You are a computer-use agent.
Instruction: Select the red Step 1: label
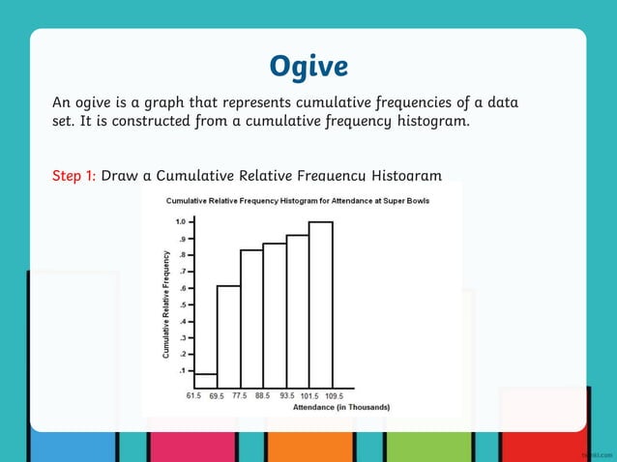click(x=73, y=176)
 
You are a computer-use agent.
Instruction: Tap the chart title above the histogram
click(x=298, y=201)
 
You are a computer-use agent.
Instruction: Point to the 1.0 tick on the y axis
click(x=180, y=222)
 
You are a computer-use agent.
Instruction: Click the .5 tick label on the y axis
click(x=182, y=304)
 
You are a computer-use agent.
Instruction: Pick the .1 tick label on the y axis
click(x=182, y=370)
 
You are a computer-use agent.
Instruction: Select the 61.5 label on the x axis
click(x=194, y=396)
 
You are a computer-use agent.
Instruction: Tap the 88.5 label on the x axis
click(x=264, y=396)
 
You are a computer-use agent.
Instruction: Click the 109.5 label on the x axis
click(x=335, y=396)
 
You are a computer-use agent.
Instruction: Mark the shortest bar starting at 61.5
click(x=205, y=380)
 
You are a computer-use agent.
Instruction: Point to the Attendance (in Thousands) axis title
click(x=341, y=408)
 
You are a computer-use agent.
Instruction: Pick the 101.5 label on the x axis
click(x=310, y=396)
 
